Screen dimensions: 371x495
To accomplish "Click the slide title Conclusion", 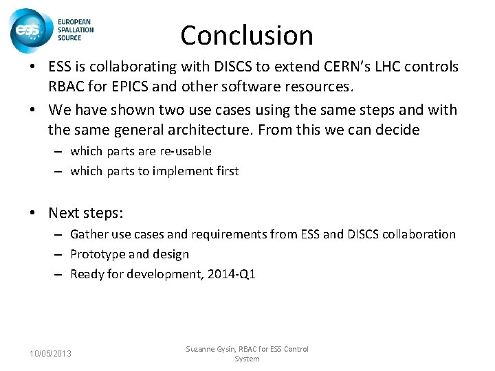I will (x=247, y=35).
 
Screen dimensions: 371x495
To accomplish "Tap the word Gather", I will (x=89, y=234).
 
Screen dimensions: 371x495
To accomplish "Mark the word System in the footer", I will (x=247, y=359).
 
